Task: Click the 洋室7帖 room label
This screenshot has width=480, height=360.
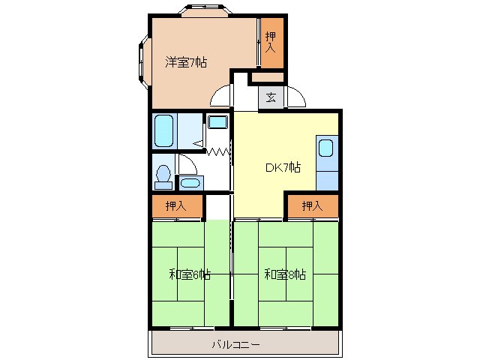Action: [x=186, y=63]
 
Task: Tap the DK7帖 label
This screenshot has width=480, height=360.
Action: [x=283, y=167]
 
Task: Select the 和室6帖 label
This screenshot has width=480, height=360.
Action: [x=189, y=275]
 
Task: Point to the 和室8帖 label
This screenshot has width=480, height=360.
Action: [x=284, y=275]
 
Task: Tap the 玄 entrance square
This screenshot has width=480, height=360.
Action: [x=271, y=97]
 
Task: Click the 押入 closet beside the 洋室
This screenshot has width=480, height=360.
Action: [x=271, y=43]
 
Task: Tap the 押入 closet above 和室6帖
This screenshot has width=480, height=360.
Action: [x=177, y=205]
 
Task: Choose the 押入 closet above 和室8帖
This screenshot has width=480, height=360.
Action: [x=312, y=205]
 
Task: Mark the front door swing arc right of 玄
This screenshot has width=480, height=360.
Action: [x=295, y=98]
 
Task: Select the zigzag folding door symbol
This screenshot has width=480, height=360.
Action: [x=218, y=152]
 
